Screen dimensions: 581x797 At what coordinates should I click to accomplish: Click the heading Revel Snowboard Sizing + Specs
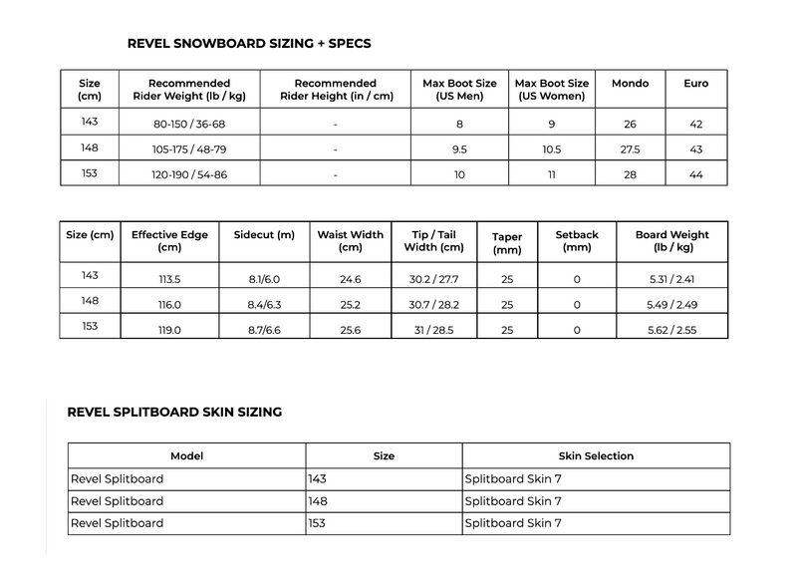pos(250,44)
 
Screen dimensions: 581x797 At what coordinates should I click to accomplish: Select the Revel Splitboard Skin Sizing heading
pos(174,411)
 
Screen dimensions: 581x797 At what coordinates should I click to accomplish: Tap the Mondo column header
pos(630,84)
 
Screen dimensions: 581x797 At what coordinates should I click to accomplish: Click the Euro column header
pos(696,84)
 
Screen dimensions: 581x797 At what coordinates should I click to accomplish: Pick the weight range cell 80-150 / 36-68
pos(189,123)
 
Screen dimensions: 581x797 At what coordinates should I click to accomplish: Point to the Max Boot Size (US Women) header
pos(551,90)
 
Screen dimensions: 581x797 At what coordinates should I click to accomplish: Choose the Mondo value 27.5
pos(630,148)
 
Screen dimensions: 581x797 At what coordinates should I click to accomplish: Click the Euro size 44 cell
pos(696,173)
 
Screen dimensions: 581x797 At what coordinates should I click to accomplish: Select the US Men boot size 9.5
pos(459,148)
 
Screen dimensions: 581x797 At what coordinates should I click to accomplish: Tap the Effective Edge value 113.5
pos(168,279)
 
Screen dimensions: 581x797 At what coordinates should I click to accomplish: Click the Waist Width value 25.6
pos(350,329)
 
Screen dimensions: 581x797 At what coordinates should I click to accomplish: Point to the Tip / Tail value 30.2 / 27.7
pos(433,279)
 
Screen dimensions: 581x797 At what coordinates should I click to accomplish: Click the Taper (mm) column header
pos(507,244)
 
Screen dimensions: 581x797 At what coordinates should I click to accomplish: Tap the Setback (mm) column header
pos(577,241)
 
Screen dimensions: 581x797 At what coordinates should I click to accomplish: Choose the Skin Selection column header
pos(596,455)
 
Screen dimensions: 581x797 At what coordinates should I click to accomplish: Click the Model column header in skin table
pos(186,455)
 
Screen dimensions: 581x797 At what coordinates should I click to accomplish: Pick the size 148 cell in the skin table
pos(319,500)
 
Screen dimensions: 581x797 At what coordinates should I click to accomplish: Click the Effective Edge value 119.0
pos(168,329)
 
